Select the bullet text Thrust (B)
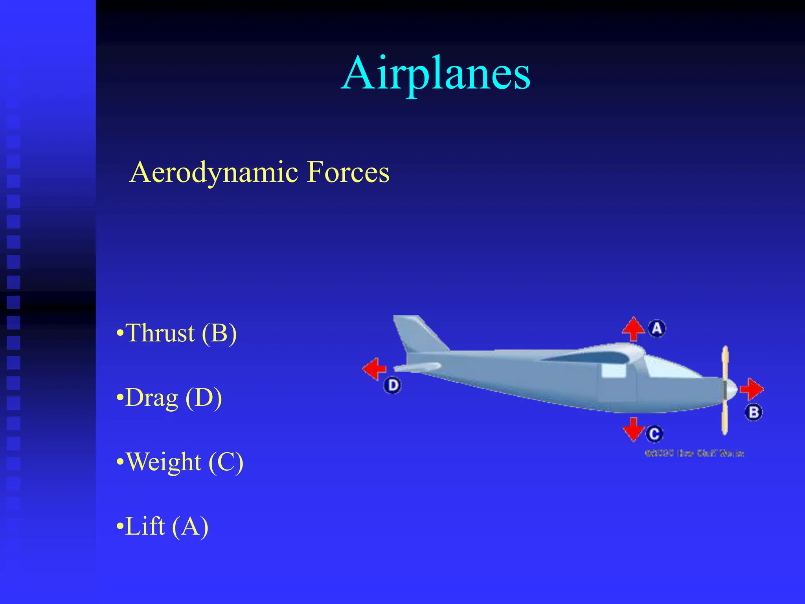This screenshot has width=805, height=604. point(177,333)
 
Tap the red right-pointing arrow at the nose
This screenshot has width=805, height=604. point(752,389)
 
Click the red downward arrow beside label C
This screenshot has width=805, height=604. point(633,429)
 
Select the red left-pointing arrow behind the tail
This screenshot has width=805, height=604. point(375,369)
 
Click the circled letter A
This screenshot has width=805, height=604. point(657,328)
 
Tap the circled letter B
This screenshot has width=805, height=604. point(754,412)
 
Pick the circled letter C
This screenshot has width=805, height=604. point(654,434)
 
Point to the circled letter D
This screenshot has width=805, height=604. point(392,385)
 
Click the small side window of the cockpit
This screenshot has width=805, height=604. point(614,371)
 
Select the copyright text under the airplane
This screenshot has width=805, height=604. point(695,453)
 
